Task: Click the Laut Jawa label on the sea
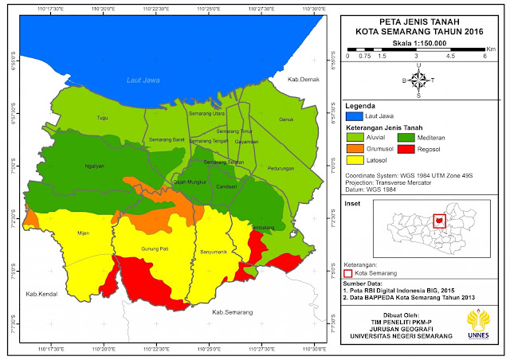pos(144,80)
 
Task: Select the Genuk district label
pos(286,120)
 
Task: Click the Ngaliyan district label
pos(95,166)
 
